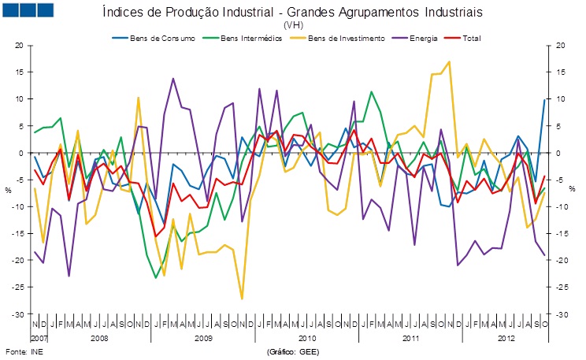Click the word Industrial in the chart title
coord(303,13)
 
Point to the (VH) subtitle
coord(293,25)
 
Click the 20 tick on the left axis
coord(20,46)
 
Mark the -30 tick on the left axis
coord(18,314)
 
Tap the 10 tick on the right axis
coord(562,99)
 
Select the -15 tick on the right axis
coord(562,234)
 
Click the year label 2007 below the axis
coord(39,337)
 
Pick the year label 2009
coord(203,337)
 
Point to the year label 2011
coord(412,337)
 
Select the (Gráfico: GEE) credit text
coord(293,351)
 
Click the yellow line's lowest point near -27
coord(242,299)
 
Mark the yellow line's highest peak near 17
coord(449,61)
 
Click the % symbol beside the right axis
coord(573,189)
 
